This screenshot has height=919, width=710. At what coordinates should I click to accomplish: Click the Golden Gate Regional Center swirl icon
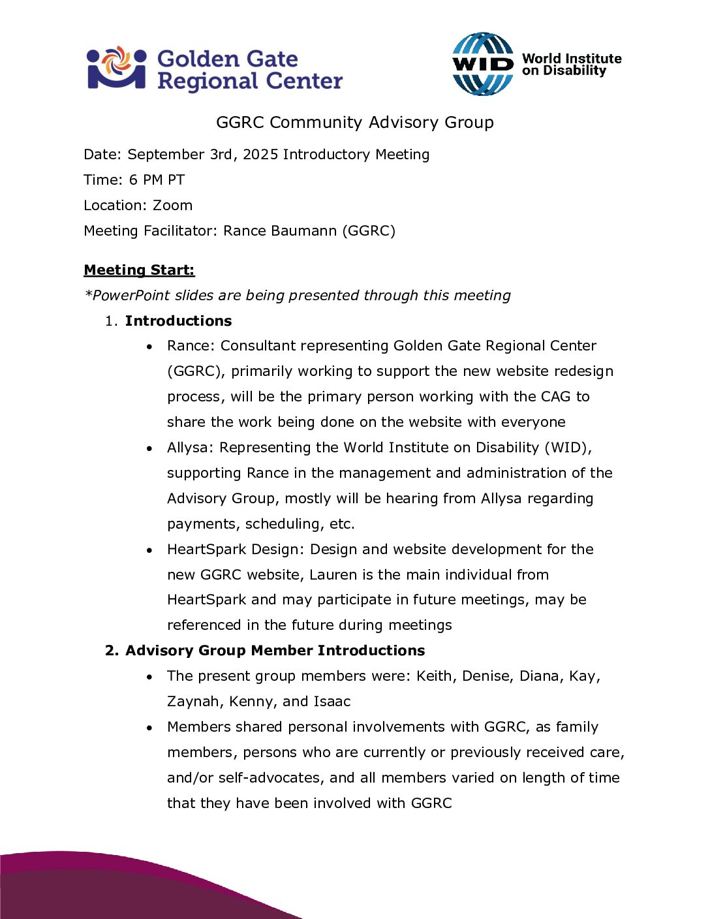[117, 67]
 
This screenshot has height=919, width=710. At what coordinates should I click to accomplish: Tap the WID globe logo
[483, 64]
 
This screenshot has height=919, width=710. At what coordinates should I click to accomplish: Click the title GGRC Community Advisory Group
[354, 123]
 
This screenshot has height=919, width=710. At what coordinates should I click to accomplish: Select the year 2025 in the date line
[261, 155]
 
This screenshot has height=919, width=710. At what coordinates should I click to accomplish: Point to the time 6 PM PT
[157, 180]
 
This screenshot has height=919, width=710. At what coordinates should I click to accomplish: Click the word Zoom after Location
[172, 206]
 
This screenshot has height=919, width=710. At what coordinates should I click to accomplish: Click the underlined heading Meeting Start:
[139, 270]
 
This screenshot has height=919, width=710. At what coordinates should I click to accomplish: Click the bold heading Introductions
[178, 321]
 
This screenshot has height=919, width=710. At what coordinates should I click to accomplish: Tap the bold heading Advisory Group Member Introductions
[275, 651]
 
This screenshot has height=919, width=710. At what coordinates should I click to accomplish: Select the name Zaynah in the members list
[193, 702]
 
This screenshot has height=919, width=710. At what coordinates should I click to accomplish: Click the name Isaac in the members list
[332, 702]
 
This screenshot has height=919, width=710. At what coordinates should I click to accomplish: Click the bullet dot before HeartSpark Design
[150, 550]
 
